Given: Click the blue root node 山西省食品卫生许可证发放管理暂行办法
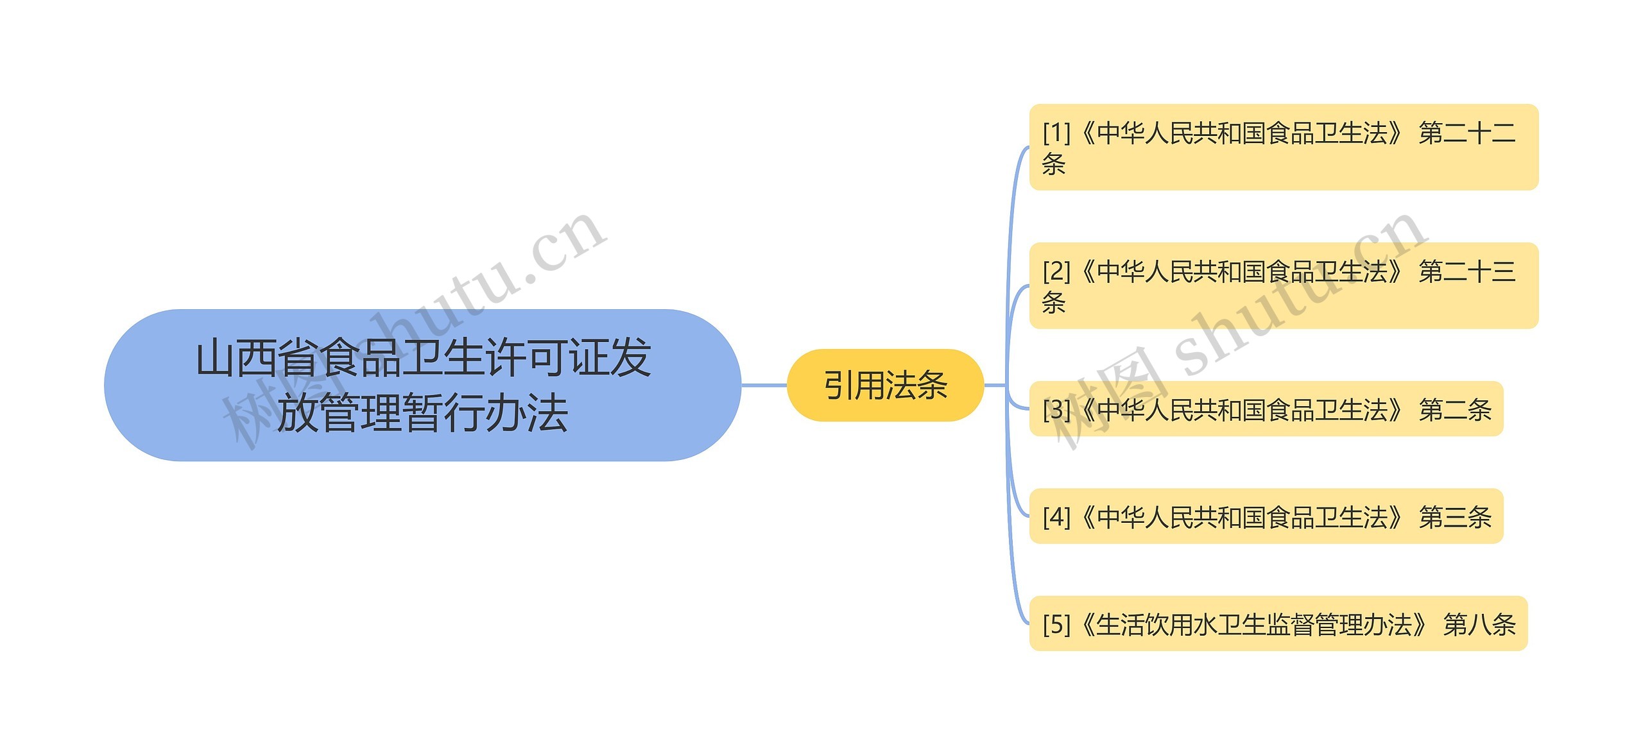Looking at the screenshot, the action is click(x=422, y=385).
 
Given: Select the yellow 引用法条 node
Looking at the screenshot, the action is click(x=885, y=386).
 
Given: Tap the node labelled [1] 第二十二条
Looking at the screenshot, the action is click(x=1284, y=148).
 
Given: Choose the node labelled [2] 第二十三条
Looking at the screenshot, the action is click(x=1284, y=286).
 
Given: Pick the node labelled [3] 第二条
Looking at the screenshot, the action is click(x=1266, y=409).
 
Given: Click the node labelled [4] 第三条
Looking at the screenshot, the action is click(x=1266, y=516).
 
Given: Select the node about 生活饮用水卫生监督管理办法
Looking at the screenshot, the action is click(x=1278, y=624).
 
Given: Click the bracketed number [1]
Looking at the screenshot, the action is click(x=1056, y=133).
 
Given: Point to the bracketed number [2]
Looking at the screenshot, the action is click(x=1056, y=272).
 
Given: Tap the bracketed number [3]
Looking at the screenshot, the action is click(x=1056, y=410).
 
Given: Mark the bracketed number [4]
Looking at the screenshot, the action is click(x=1056, y=517).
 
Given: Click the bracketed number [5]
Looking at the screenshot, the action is click(x=1056, y=624).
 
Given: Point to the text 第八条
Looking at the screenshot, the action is click(x=1479, y=624).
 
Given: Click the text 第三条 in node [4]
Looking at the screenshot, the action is click(x=1455, y=517).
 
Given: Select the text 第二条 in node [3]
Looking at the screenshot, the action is click(x=1455, y=410).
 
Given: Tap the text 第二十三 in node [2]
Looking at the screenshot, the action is click(x=1467, y=272).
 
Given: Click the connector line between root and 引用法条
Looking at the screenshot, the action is click(x=764, y=386).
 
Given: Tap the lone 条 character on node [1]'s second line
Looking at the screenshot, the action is click(x=1054, y=164).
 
